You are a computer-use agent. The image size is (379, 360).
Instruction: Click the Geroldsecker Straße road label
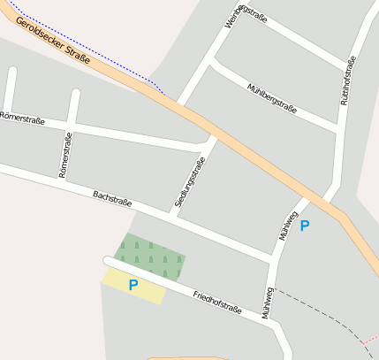point(52,43)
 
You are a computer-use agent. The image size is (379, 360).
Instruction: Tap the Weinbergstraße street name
point(245,17)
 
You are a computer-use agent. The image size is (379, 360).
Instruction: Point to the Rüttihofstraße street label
point(346,80)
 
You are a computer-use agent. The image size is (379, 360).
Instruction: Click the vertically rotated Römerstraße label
point(64,155)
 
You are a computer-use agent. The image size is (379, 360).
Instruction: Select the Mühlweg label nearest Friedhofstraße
point(266,302)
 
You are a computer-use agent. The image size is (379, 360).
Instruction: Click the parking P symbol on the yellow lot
point(133,285)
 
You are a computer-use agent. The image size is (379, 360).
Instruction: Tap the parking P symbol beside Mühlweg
point(305,226)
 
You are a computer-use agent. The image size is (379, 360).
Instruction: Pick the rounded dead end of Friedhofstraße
point(108,261)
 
